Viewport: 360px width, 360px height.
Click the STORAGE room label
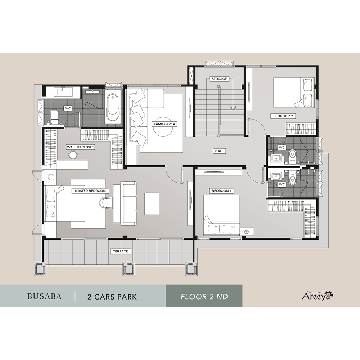(219, 79)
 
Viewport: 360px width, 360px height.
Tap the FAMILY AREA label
(165, 124)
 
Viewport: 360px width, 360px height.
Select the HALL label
(219, 151)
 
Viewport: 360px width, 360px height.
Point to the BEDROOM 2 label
(283, 116)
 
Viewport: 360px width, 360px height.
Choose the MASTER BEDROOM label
(90, 190)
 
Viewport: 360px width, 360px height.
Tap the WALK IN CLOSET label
(80, 147)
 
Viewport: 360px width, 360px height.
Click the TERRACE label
(121, 251)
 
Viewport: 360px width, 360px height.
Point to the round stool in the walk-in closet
(73, 154)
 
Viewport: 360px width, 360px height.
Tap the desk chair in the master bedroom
(106, 203)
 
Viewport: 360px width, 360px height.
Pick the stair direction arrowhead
(233, 108)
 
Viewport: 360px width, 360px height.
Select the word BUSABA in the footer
(44, 296)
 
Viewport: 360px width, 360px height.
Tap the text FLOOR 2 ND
(204, 297)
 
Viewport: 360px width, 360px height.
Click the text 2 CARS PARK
(112, 297)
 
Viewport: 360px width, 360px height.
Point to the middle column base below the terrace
(129, 269)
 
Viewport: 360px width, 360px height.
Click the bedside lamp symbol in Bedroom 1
(247, 232)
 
